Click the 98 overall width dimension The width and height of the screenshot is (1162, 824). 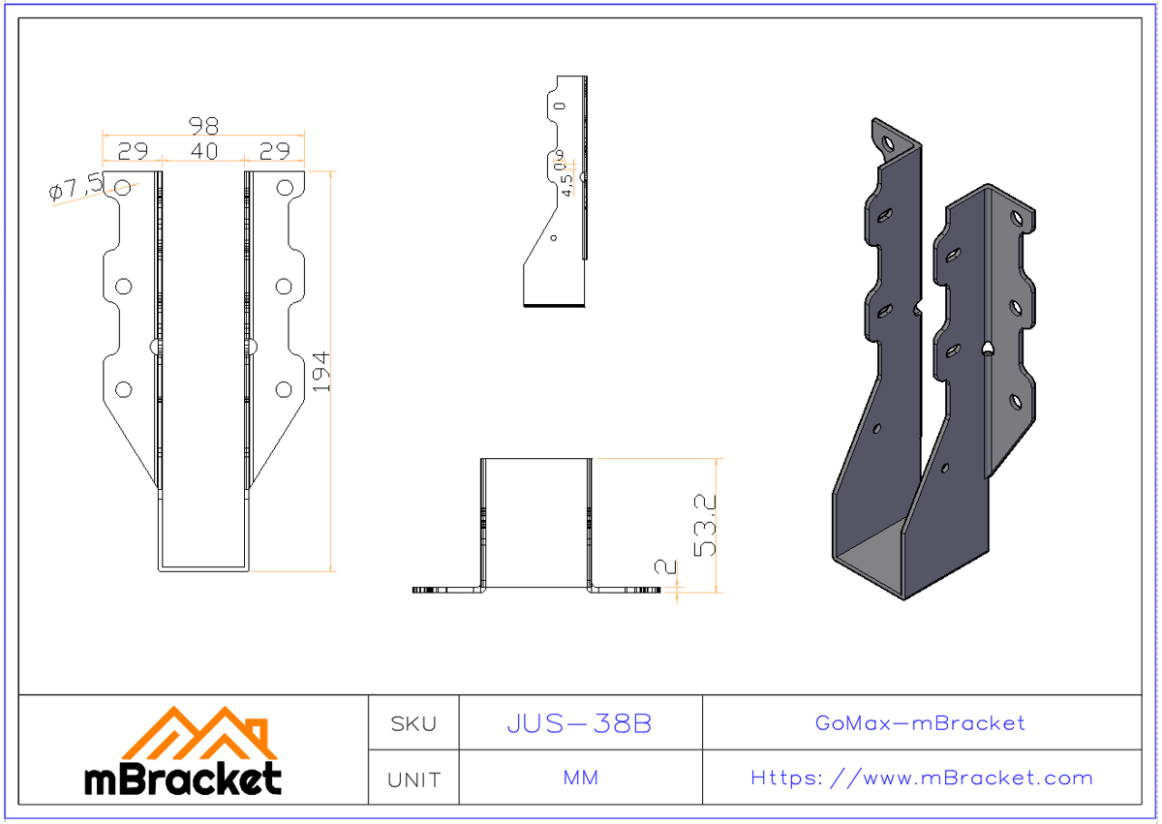tap(203, 126)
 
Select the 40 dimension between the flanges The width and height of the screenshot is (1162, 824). tap(203, 151)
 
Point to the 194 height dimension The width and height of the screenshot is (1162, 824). tap(321, 371)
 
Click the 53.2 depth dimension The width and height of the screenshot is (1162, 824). tap(705, 524)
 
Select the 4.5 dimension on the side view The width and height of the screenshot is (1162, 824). tap(567, 178)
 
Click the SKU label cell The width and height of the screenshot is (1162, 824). tap(413, 723)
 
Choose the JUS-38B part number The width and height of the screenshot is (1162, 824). tap(579, 723)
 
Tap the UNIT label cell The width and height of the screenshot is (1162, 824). tap(413, 778)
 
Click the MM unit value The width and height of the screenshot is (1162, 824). tap(580, 778)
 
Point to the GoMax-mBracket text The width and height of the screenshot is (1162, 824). tap(920, 723)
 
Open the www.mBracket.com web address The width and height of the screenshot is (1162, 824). tap(921, 778)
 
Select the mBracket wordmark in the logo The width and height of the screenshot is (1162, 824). tap(183, 778)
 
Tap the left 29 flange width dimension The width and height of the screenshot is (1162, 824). tap(133, 151)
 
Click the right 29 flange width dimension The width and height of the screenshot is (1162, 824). tap(276, 151)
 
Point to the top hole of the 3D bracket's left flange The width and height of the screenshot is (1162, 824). tap(888, 143)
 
